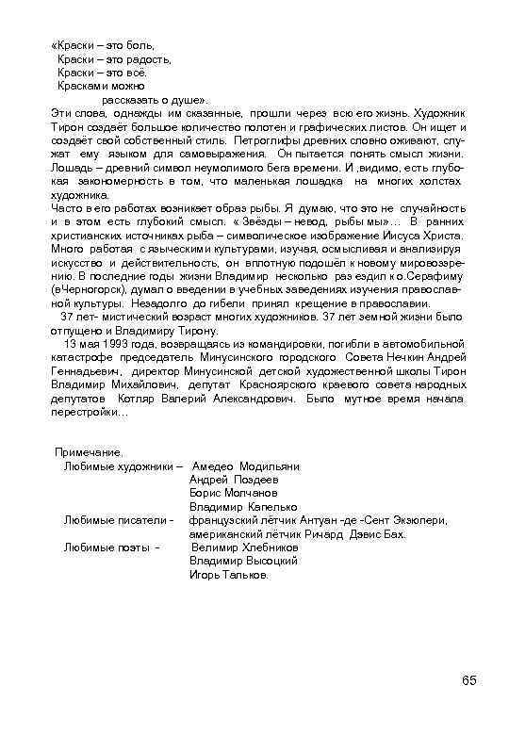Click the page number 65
click(x=468, y=680)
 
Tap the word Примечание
click(x=89, y=453)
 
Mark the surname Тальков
click(x=244, y=574)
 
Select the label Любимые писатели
click(x=114, y=519)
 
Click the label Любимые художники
click(x=118, y=466)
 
